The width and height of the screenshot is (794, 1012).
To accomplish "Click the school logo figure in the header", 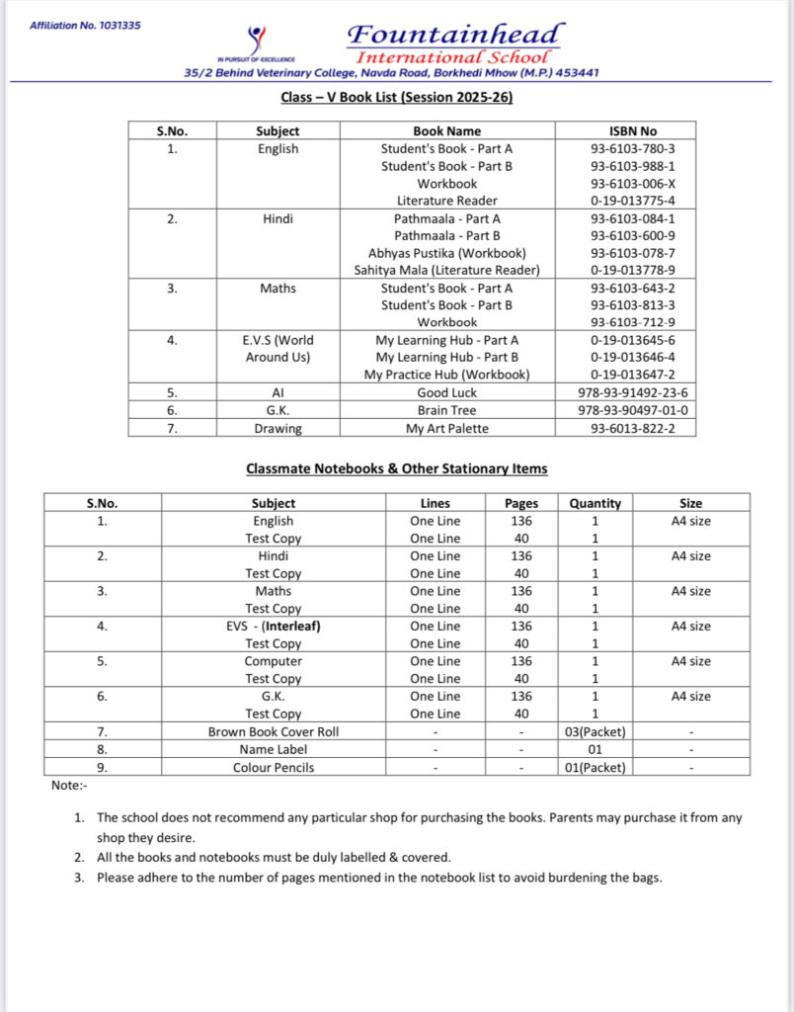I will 258,41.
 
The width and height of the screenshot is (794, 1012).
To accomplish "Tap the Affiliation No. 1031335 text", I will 85,25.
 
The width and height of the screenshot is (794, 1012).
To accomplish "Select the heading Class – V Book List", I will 397,97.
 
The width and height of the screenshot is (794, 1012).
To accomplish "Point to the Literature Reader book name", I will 446,201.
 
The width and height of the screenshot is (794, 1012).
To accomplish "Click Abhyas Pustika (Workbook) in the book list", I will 446,253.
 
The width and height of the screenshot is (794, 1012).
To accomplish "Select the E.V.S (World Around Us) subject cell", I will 278,349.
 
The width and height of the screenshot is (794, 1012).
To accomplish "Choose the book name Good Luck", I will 446,392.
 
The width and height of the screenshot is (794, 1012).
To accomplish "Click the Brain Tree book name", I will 446,410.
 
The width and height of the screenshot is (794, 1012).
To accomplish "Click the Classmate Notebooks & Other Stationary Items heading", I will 396,468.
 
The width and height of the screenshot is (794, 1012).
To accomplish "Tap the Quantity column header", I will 595,503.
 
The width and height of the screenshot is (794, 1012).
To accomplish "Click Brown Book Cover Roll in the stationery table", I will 273,732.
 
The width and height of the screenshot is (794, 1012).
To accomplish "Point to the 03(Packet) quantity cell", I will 595,732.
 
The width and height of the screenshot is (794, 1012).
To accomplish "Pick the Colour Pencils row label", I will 273,767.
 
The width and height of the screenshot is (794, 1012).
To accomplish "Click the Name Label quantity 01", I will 595,749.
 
